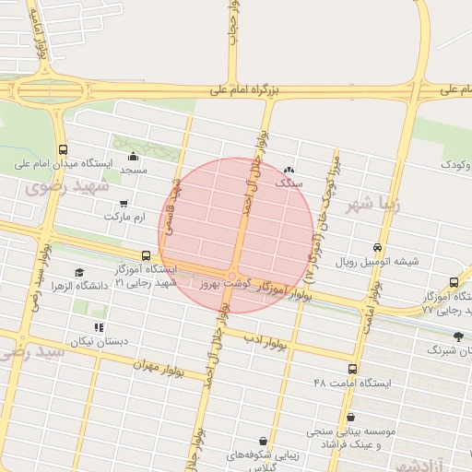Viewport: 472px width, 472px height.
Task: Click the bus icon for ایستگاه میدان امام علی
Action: (x=63, y=149)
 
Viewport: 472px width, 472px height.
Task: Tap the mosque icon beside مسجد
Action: (x=135, y=156)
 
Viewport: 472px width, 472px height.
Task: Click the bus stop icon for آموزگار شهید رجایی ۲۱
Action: (x=146, y=256)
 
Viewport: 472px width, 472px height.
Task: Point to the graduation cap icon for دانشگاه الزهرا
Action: (x=79, y=273)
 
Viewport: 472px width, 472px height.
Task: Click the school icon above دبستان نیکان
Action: (x=98, y=327)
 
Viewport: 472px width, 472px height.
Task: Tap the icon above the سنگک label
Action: (x=289, y=170)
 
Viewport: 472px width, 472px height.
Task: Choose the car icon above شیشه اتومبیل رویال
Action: (x=377, y=247)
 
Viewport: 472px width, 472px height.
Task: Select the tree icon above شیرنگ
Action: (x=458, y=336)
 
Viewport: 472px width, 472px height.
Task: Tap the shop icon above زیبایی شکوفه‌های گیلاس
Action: (x=265, y=442)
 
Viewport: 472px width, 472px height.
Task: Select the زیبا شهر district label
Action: (x=373, y=205)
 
